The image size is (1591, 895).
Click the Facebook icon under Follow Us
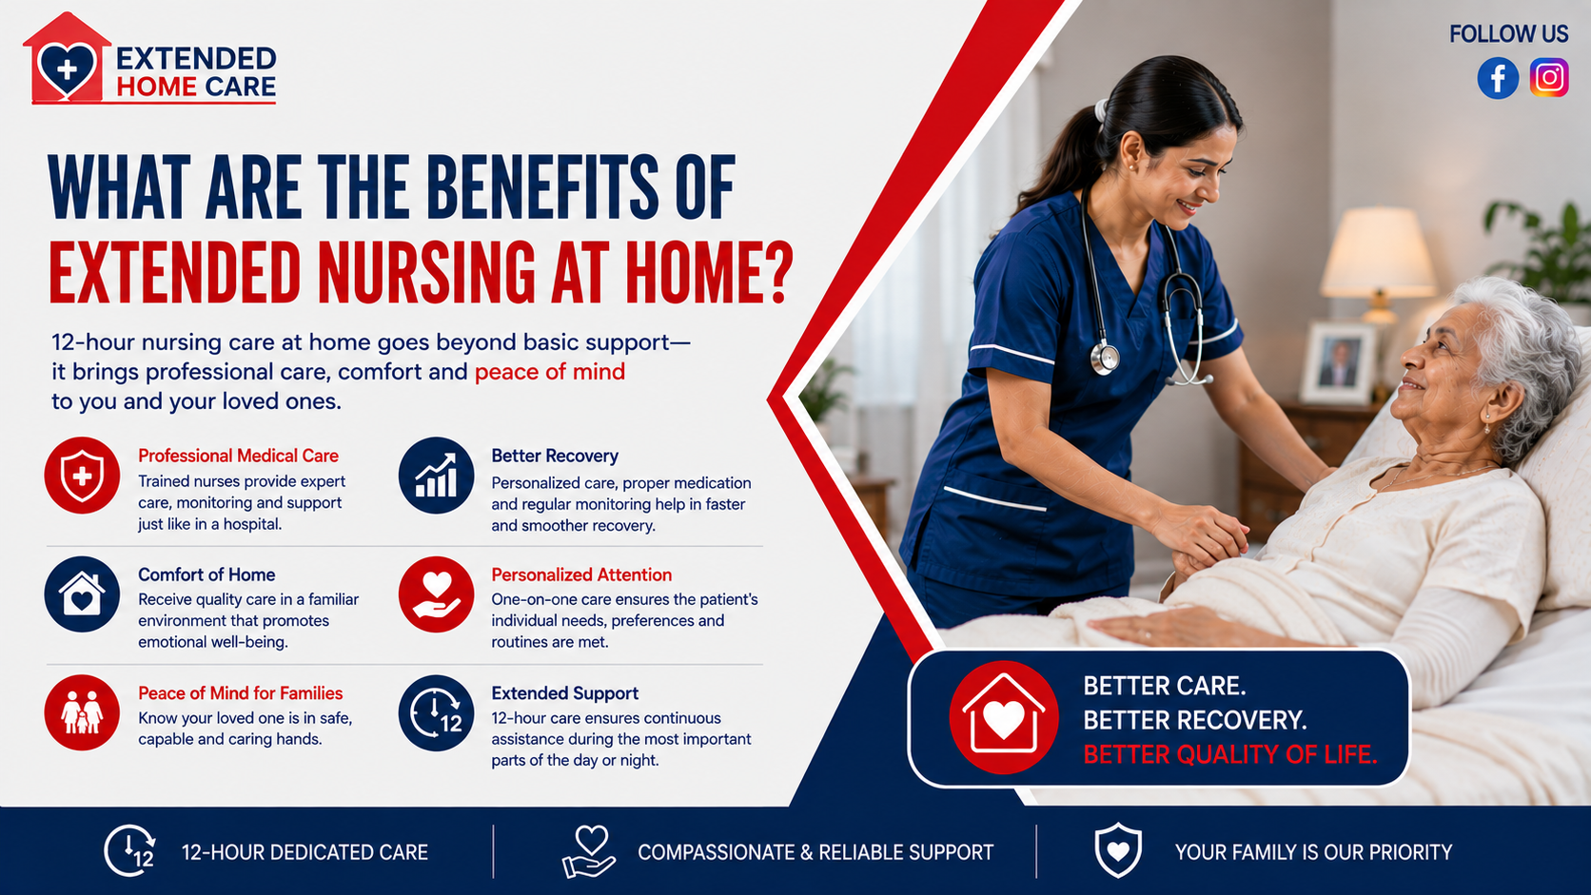tap(1498, 78)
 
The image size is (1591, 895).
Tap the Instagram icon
tap(1549, 78)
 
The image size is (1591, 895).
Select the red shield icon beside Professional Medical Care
tap(83, 475)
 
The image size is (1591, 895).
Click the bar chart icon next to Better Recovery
tap(436, 475)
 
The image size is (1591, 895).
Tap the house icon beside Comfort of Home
tap(83, 594)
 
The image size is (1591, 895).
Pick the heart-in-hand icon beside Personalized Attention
tap(436, 594)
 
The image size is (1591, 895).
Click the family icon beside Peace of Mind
tap(83, 712)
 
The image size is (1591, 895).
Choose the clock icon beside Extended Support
tap(436, 712)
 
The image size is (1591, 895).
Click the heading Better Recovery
tap(555, 456)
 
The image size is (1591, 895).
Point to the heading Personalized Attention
tap(581, 574)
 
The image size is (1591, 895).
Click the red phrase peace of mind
tap(550, 372)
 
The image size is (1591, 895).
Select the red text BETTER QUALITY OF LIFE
tap(1230, 754)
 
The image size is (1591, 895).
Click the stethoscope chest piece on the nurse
tap(1105, 358)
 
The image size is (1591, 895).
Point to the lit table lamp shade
tap(1377, 252)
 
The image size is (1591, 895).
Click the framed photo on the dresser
tap(1338, 362)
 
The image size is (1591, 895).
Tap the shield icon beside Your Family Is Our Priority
tap(1118, 850)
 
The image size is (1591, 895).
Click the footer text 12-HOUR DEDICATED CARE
tap(304, 851)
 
